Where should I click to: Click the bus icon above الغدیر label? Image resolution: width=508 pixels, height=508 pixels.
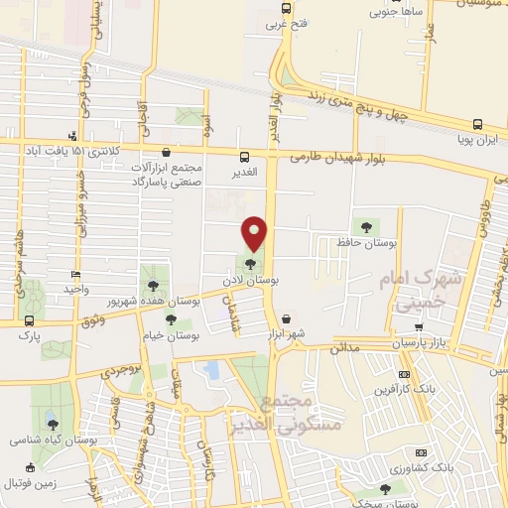click(244, 157)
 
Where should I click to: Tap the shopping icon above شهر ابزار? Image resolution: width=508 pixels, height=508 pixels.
click(287, 319)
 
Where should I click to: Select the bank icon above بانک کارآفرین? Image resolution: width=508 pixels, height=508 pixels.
click(403, 374)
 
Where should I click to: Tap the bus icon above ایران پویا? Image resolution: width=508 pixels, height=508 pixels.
click(478, 125)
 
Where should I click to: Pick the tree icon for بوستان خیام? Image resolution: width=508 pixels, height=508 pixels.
click(171, 320)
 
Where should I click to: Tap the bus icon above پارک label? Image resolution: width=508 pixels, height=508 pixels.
click(29, 320)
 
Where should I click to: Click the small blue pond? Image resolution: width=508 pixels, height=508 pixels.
click(211, 371)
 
